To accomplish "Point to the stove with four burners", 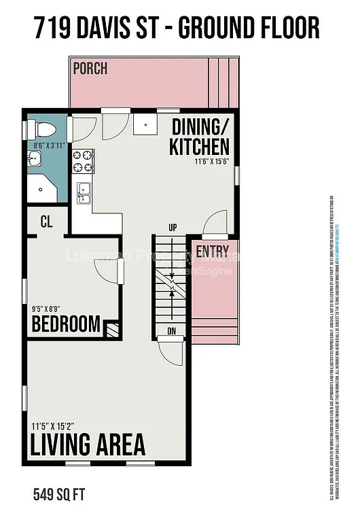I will pyautogui.click(x=83, y=160).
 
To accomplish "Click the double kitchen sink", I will pyautogui.click(x=84, y=192).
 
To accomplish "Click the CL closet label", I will pyautogui.click(x=46, y=222).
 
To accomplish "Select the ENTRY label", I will pyautogui.click(x=212, y=251).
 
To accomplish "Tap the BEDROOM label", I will pyautogui.click(x=66, y=324).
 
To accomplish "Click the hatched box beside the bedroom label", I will pyautogui.click(x=111, y=330).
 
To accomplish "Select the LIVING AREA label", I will pyautogui.click(x=88, y=445).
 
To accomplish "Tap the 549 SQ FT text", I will pyautogui.click(x=59, y=491).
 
